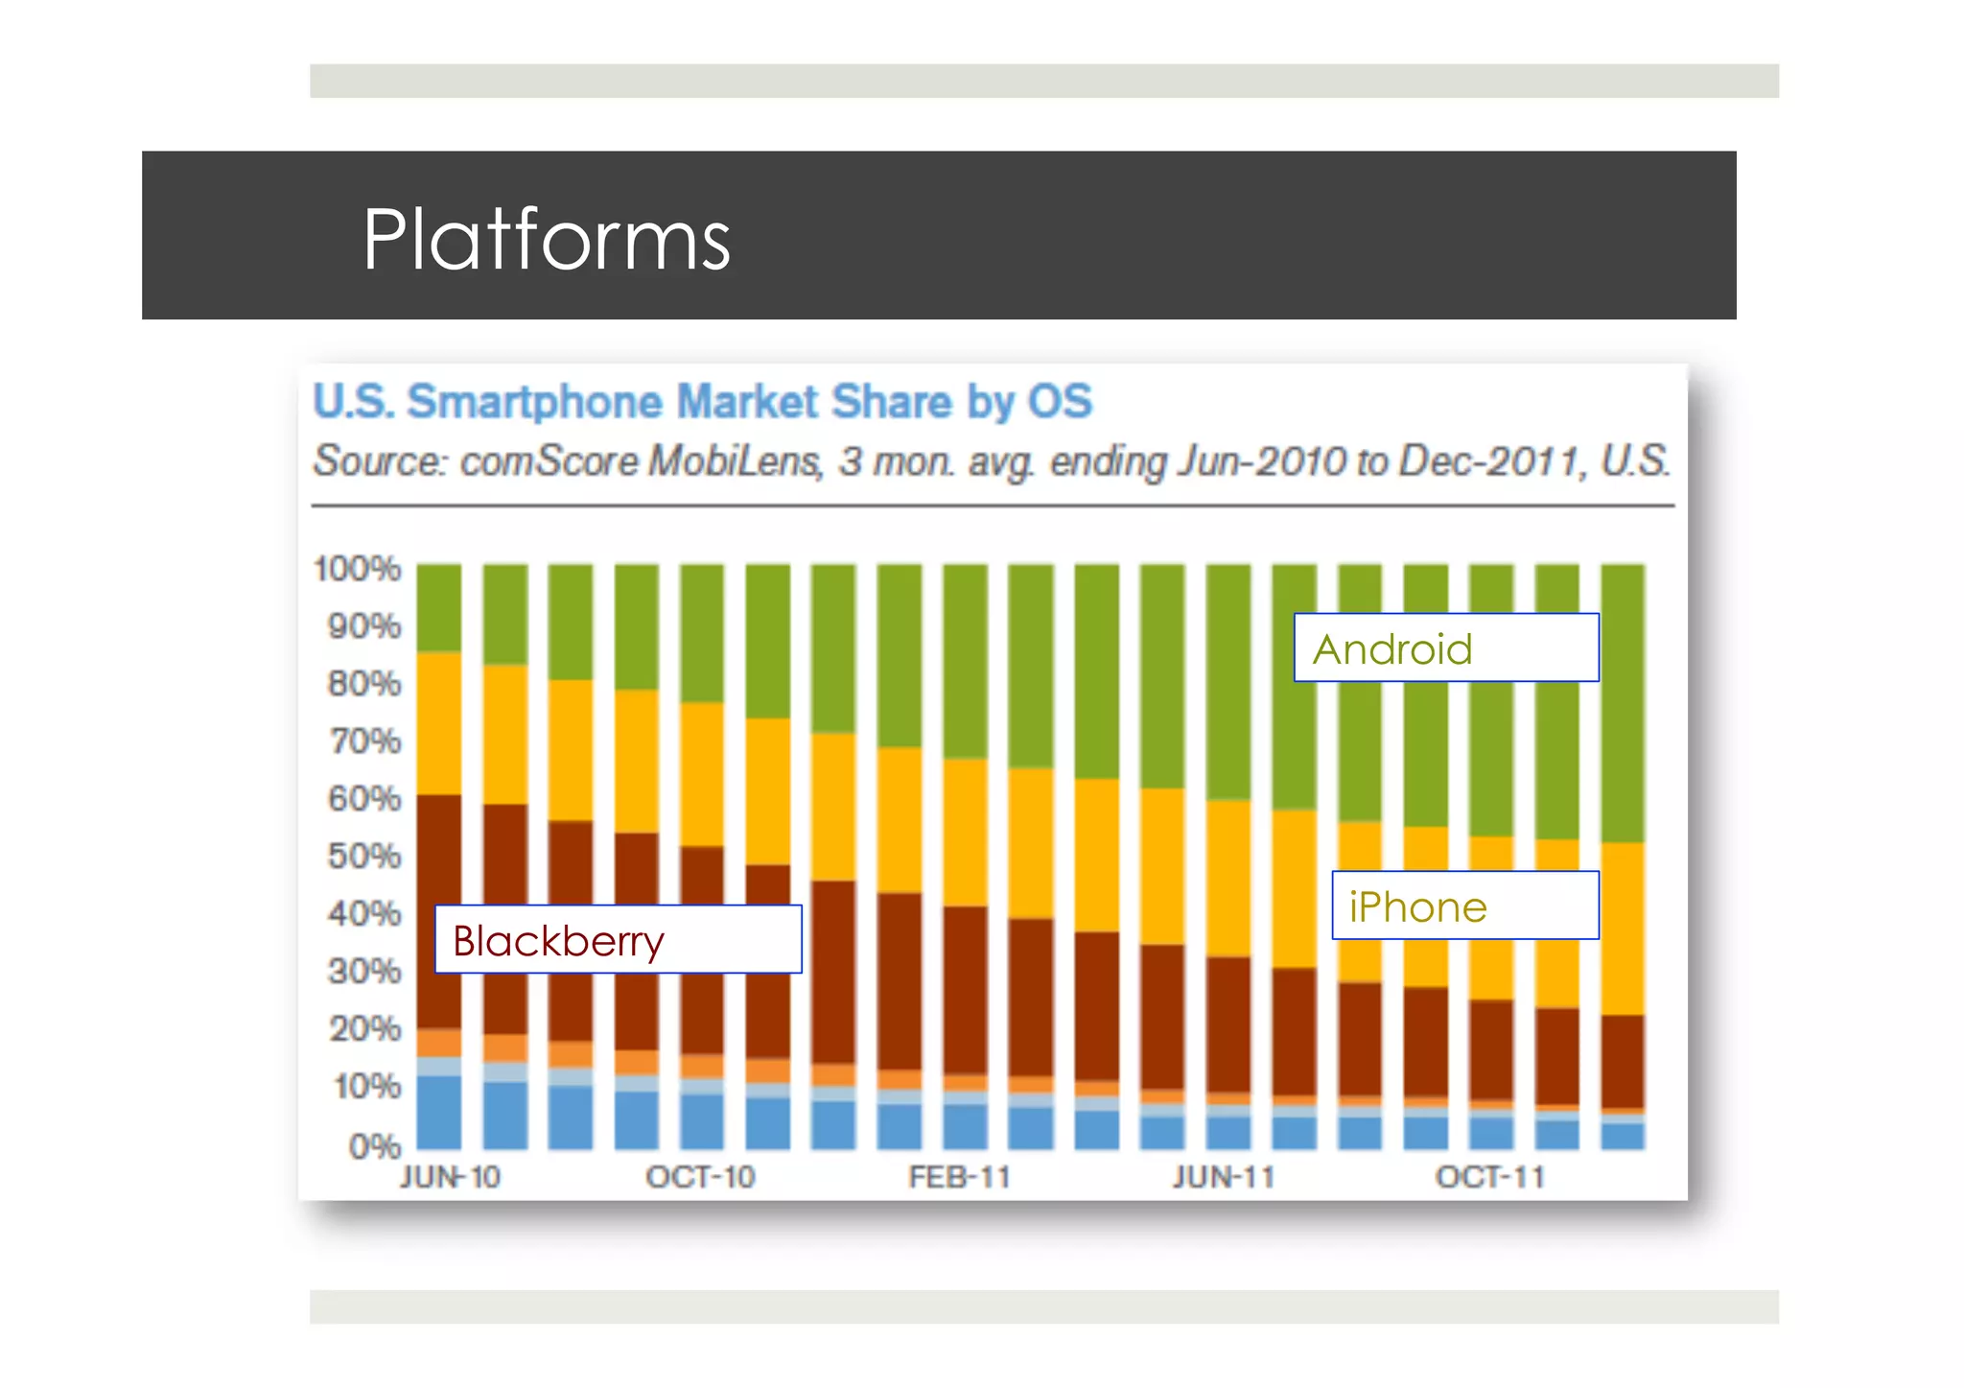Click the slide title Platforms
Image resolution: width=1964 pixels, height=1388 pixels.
(x=546, y=240)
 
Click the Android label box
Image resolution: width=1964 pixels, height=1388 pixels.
(x=1445, y=648)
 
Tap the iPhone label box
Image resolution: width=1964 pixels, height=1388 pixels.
(x=1464, y=906)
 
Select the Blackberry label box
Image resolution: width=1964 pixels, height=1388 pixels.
(x=618, y=940)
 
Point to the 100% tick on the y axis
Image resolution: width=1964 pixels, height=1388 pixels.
(x=357, y=569)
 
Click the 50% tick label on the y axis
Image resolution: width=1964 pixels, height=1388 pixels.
(x=363, y=856)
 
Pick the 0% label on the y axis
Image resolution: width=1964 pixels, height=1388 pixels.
(x=374, y=1145)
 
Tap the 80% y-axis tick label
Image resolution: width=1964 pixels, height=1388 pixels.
(x=363, y=684)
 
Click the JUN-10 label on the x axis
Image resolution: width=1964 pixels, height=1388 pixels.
(x=450, y=1177)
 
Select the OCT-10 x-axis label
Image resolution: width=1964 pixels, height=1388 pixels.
(x=700, y=1177)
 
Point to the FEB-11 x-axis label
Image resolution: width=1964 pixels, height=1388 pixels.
(x=960, y=1177)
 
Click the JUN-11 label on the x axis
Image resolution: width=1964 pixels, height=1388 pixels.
(x=1224, y=1177)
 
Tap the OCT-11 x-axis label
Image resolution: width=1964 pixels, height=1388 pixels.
(x=1489, y=1177)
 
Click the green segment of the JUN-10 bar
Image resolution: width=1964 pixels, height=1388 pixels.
(x=438, y=607)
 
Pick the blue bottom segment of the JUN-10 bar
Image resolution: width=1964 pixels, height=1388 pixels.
(x=438, y=1113)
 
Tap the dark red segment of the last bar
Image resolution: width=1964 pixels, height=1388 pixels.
(x=1623, y=1061)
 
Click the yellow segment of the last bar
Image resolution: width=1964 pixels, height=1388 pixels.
(x=1623, y=929)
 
